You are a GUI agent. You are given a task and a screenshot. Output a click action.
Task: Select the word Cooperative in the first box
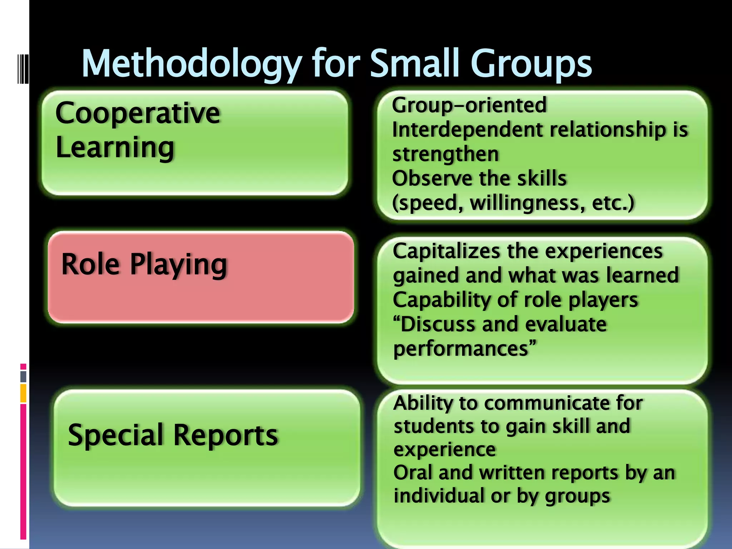click(138, 113)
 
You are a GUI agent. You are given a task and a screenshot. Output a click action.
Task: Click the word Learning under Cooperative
click(115, 147)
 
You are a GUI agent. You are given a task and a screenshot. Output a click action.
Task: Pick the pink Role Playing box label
click(144, 264)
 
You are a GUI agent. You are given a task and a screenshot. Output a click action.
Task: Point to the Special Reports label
click(173, 435)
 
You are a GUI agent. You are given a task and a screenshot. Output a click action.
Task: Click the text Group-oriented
click(469, 105)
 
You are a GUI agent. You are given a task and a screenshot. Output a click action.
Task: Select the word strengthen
click(445, 154)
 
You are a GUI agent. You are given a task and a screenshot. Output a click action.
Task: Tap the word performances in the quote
click(461, 348)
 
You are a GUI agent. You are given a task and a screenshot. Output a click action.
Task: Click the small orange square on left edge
click(23, 393)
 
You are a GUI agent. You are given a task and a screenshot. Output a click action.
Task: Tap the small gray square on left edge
click(23, 376)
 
